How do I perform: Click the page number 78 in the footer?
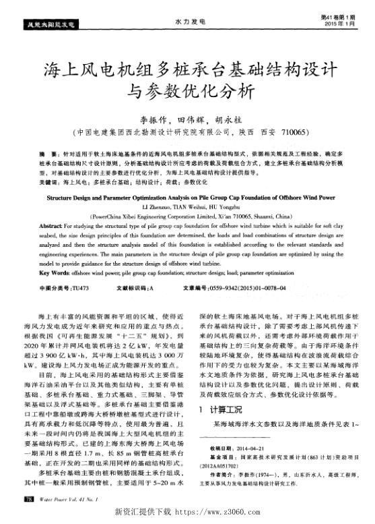click(x=29, y=498)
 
